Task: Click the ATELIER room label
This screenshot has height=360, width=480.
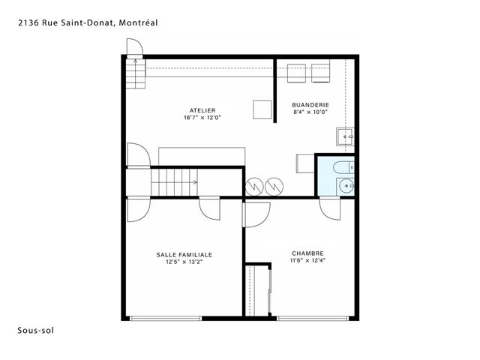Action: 202,110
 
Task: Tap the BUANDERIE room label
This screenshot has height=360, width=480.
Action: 310,105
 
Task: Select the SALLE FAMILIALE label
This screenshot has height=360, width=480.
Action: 184,255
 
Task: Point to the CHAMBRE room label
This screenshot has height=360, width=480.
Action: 307,253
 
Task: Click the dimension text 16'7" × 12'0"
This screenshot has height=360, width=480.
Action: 202,118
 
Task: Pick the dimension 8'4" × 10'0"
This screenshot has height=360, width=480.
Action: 310,112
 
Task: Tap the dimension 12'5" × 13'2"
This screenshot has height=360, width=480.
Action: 184,262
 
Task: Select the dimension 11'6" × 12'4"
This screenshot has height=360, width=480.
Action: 307,260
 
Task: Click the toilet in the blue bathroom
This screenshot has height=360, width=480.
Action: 343,167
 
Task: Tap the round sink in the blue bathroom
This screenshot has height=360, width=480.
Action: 346,185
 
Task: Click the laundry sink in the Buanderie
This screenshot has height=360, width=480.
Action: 345,136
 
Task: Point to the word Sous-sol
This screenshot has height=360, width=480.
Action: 35,331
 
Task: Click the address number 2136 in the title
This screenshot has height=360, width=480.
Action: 28,22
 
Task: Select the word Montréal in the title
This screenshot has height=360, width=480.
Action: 138,22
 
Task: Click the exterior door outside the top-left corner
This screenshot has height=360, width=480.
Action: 135,47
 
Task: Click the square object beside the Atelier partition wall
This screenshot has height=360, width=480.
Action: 262,109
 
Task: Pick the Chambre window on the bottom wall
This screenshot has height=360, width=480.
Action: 313,318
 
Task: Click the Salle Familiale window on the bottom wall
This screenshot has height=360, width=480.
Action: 166,318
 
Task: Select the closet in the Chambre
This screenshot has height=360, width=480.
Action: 258,289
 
